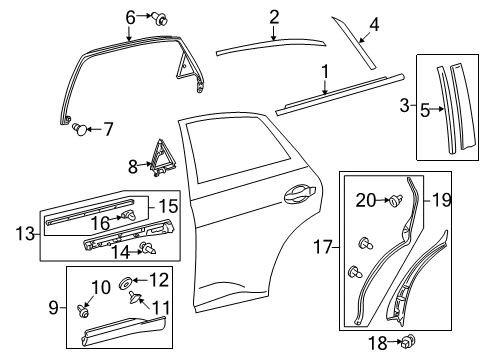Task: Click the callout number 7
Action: click(x=108, y=129)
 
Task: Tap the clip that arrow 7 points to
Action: click(x=80, y=129)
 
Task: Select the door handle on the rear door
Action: click(x=299, y=193)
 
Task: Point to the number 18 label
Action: click(x=378, y=343)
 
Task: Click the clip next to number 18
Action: click(x=408, y=340)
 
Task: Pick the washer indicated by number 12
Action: click(x=125, y=283)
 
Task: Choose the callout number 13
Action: click(x=25, y=234)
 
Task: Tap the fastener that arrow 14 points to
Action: click(x=149, y=248)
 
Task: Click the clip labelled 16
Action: click(x=129, y=216)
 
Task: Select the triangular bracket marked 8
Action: click(x=161, y=157)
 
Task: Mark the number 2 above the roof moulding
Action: click(x=274, y=17)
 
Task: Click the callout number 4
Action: click(x=374, y=24)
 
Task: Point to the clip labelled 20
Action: click(x=396, y=200)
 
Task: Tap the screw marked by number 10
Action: click(x=83, y=312)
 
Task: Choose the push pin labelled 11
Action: click(x=135, y=297)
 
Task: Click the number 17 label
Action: click(x=323, y=248)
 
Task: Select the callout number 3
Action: click(x=404, y=105)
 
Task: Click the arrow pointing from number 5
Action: click(x=438, y=109)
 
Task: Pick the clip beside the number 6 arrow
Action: click(x=160, y=18)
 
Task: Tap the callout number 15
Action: click(x=168, y=206)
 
